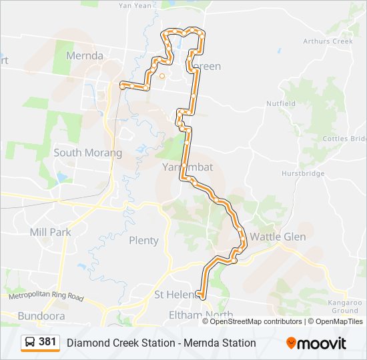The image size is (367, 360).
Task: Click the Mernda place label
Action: [84, 56]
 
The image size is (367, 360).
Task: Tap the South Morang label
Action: [87, 153]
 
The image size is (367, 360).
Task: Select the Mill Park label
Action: [50, 232]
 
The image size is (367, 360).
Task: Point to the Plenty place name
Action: [143, 240]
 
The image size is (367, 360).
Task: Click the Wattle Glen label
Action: [278, 237]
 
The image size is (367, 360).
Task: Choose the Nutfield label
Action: [281, 104]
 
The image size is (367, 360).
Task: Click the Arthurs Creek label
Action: [327, 41]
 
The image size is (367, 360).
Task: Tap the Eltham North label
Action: [200, 315]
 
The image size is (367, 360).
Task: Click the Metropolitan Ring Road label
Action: [46, 295]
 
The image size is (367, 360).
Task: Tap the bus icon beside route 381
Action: [30, 343]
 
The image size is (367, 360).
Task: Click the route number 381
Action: [47, 342]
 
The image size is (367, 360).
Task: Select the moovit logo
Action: [316, 343]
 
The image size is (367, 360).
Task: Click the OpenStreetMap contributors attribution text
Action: [256, 321]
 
